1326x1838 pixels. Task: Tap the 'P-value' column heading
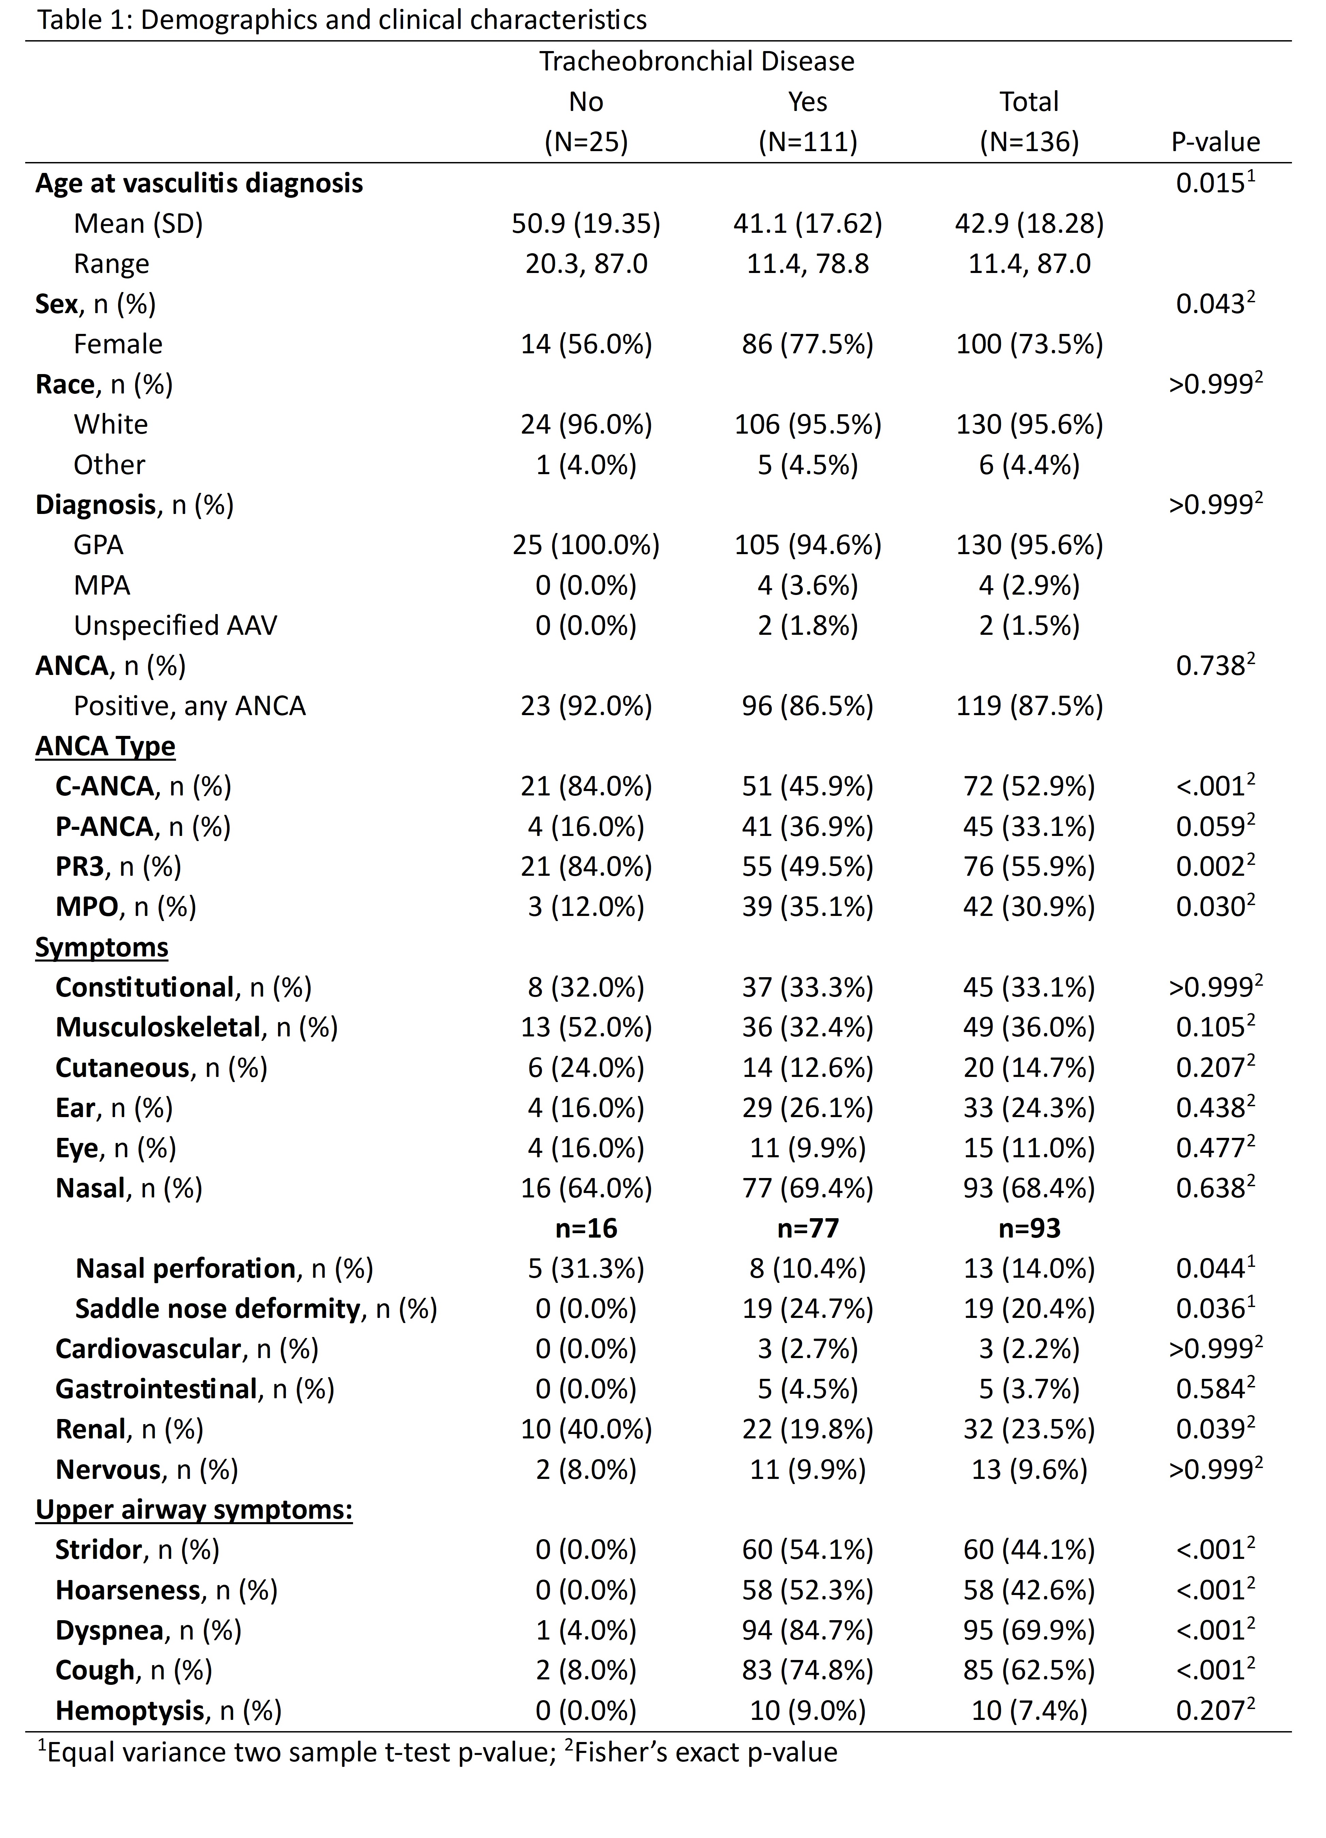[1215, 142]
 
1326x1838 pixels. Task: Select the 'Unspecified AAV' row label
[175, 626]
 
